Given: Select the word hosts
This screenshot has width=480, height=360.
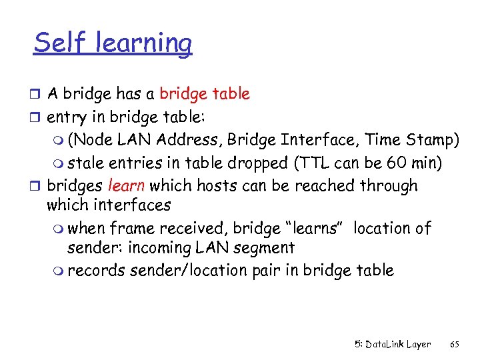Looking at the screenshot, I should pos(202,186).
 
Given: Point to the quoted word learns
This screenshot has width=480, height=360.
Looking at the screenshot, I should pos(313,229).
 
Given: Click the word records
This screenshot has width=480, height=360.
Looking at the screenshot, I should pos(97,271).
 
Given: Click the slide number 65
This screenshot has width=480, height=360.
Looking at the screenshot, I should pos(455,345).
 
